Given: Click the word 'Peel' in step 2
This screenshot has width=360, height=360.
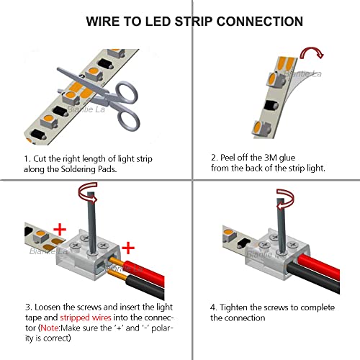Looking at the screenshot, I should tap(233, 158).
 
